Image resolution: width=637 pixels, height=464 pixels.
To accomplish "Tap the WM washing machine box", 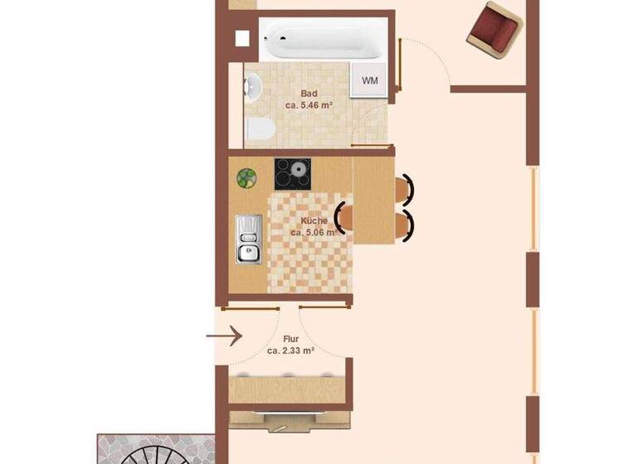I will [370, 81].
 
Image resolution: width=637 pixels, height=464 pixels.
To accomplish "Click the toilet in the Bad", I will [259, 129].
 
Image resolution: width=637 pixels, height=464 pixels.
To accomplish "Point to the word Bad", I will [309, 94].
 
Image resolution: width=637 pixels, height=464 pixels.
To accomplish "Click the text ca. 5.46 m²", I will [309, 106].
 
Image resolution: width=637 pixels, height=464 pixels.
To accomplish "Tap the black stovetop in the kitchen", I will [293, 174].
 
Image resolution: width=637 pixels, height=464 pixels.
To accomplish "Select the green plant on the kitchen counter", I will [246, 177].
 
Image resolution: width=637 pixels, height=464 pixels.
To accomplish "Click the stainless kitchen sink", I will [248, 239].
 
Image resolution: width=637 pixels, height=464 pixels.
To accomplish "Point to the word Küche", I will [314, 221].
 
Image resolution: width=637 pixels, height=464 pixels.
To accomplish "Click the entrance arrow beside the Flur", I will [224, 336].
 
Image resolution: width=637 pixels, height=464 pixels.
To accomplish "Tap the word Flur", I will [290, 339].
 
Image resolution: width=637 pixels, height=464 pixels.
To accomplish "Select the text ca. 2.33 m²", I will [290, 350].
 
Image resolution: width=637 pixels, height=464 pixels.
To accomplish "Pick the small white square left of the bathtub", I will [242, 38].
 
